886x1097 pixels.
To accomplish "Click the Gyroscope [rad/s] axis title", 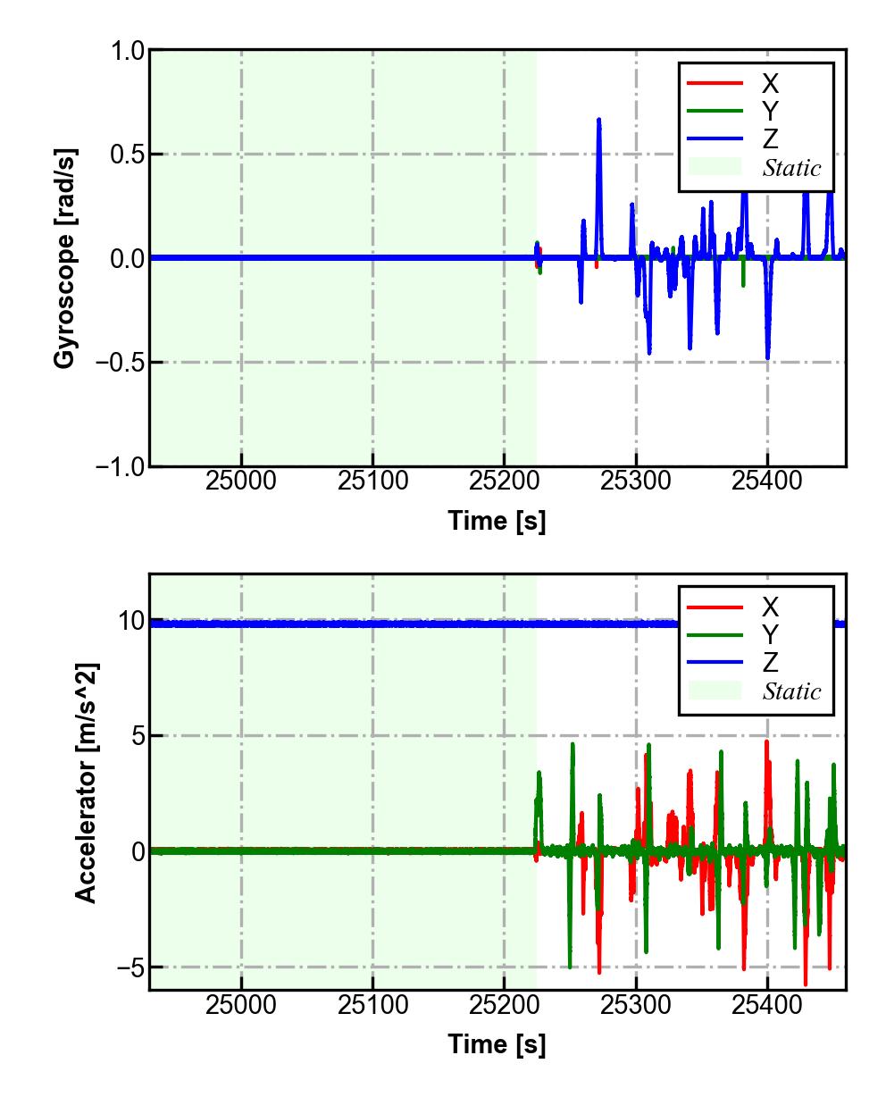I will coord(64,257).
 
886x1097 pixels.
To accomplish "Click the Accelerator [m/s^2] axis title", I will coord(86,782).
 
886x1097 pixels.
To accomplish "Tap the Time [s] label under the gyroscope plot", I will coord(497,520).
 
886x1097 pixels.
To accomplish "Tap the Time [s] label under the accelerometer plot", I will coord(497,1043).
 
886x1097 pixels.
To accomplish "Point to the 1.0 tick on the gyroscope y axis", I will coord(127,51).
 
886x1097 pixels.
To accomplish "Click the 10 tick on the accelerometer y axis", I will coord(131,621).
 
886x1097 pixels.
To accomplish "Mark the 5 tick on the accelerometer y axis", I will coord(138,736).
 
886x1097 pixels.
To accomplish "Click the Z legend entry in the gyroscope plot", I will coord(769,138).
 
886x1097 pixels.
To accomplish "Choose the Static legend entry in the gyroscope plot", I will coord(791,167).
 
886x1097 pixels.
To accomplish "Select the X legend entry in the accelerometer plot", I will coord(769,607).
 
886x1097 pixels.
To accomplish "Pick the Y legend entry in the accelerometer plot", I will coord(769,635).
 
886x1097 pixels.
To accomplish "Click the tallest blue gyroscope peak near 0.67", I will coord(598,120).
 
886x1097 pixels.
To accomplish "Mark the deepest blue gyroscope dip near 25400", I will coord(767,357).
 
